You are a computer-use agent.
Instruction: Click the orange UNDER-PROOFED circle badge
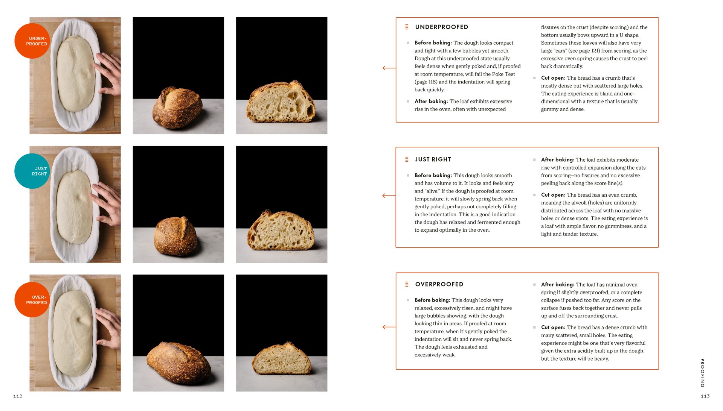(x=32, y=41)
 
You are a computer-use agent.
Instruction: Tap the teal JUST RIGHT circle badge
(x=32, y=171)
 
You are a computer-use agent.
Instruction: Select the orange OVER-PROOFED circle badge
(x=32, y=300)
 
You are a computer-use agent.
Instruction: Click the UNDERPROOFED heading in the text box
(x=441, y=27)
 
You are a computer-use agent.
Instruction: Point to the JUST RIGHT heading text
(x=433, y=159)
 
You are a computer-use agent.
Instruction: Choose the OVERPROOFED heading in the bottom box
(x=439, y=284)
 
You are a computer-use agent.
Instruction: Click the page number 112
(x=18, y=396)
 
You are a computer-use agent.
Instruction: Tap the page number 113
(x=705, y=396)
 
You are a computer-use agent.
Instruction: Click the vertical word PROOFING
(x=702, y=373)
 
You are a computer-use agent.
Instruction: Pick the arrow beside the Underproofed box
(x=389, y=68)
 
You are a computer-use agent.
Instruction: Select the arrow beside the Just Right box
(x=389, y=196)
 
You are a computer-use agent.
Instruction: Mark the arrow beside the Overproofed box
(x=389, y=327)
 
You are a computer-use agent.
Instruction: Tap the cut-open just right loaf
(x=281, y=231)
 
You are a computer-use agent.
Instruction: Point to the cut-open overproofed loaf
(x=282, y=359)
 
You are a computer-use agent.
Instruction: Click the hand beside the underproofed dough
(x=109, y=73)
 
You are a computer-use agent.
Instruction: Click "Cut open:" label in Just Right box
(x=553, y=195)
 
